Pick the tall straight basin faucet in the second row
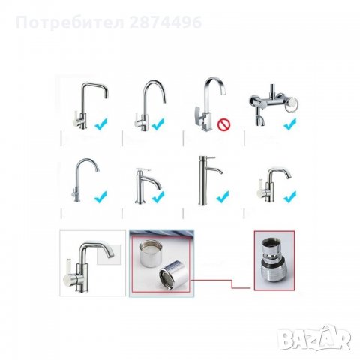coord(202,180)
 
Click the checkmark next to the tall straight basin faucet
coord(223,197)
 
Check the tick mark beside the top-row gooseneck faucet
coord(158,124)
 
